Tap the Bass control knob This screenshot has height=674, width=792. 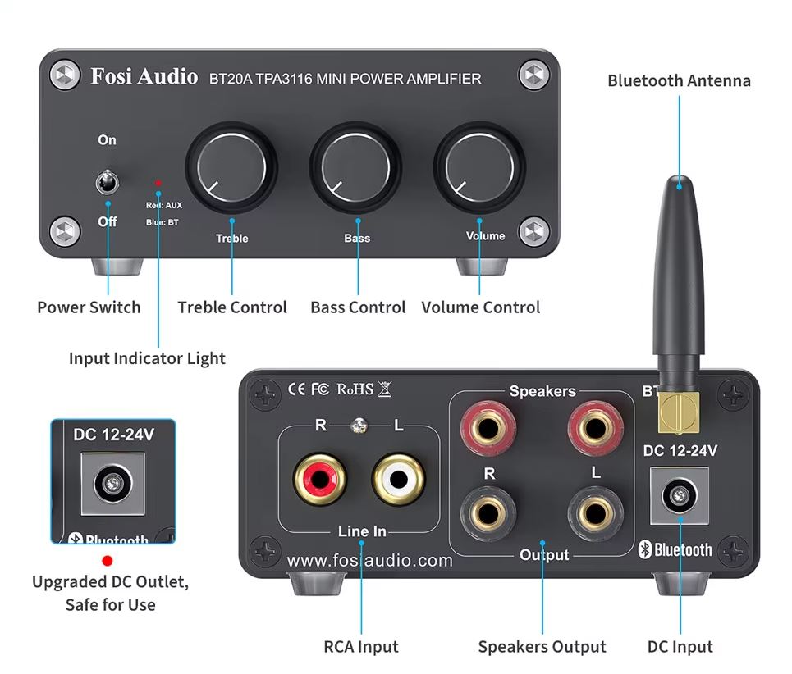pyautogui.click(x=355, y=166)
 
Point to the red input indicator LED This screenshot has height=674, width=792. pyautogui.click(x=158, y=183)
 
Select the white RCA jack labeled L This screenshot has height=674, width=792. pyautogui.click(x=399, y=479)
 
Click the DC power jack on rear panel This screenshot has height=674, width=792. pyautogui.click(x=680, y=496)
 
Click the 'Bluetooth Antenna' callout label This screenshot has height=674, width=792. pyautogui.click(x=679, y=80)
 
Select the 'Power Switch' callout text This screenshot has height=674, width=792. pyautogui.click(x=89, y=307)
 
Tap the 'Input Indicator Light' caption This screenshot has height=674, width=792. pyautogui.click(x=147, y=358)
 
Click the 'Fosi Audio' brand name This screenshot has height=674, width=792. pyautogui.click(x=144, y=77)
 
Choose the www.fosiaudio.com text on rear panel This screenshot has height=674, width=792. pyautogui.click(x=369, y=561)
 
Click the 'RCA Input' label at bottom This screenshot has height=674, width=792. pyautogui.click(x=361, y=647)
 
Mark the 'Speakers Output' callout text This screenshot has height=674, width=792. pyautogui.click(x=542, y=647)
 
